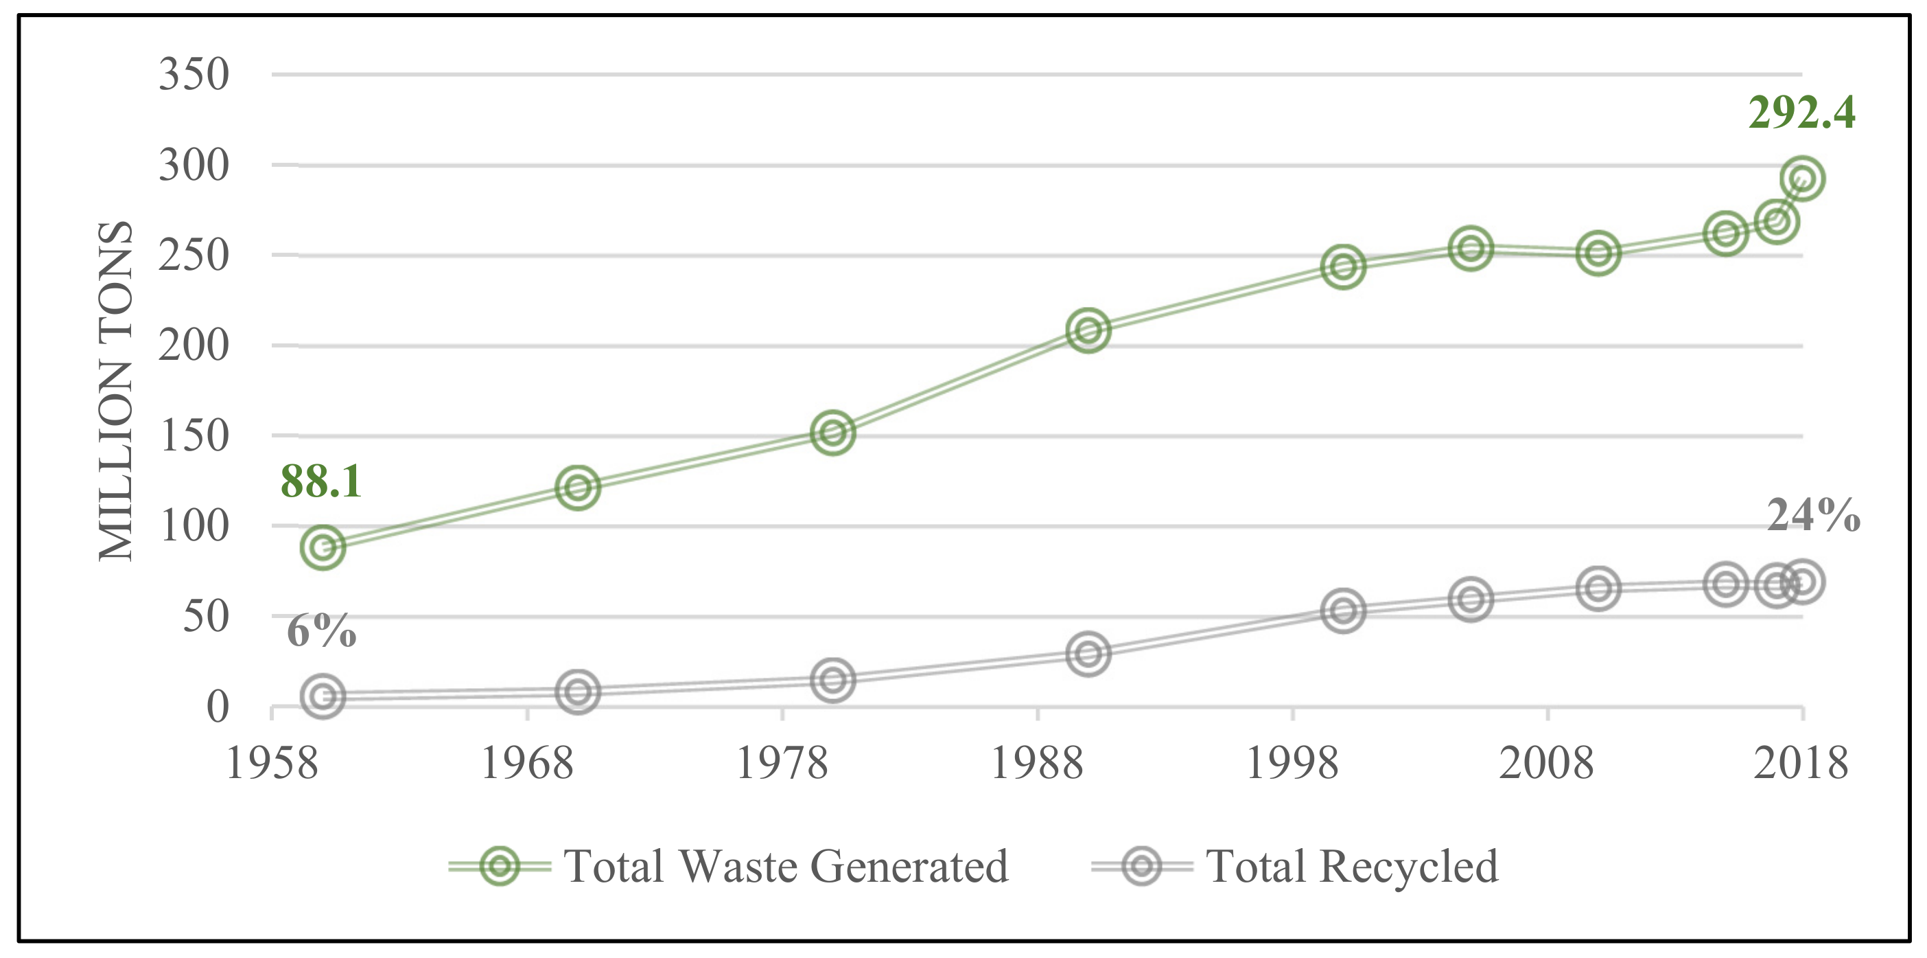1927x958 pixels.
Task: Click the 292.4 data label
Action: pyautogui.click(x=1801, y=114)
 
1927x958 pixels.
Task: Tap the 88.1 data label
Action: pyautogui.click(x=321, y=481)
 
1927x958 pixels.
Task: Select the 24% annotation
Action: pyautogui.click(x=1812, y=516)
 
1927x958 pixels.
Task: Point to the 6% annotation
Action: pyautogui.click(x=321, y=630)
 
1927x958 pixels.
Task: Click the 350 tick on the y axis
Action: pyautogui.click(x=194, y=74)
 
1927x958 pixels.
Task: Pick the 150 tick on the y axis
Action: pyautogui.click(x=194, y=435)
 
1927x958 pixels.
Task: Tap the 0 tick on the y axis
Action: pyautogui.click(x=217, y=707)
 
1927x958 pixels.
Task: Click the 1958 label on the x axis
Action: pyautogui.click(x=272, y=764)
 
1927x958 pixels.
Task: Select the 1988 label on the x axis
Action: pyautogui.click(x=1037, y=764)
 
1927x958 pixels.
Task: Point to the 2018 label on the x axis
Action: pyautogui.click(x=1801, y=764)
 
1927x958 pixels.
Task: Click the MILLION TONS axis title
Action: pyautogui.click(x=116, y=391)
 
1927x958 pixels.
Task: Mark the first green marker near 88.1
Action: pyautogui.click(x=323, y=547)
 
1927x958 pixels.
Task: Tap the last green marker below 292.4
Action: pyautogui.click(x=1802, y=179)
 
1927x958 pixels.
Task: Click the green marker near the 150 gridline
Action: pyautogui.click(x=832, y=433)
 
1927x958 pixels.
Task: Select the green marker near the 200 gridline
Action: pyautogui.click(x=1088, y=330)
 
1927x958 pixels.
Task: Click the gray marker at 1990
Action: pyautogui.click(x=1088, y=653)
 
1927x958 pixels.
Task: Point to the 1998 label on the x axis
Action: pyautogui.click(x=1292, y=764)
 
